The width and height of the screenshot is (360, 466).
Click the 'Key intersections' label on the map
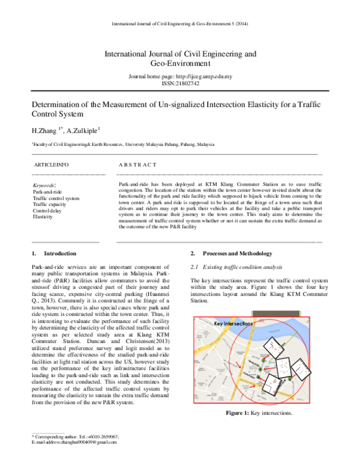233,324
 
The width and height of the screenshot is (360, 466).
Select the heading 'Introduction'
60,253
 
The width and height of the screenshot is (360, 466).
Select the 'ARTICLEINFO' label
51,164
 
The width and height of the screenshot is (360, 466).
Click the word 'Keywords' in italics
44,186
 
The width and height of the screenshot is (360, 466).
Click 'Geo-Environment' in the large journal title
180,62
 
